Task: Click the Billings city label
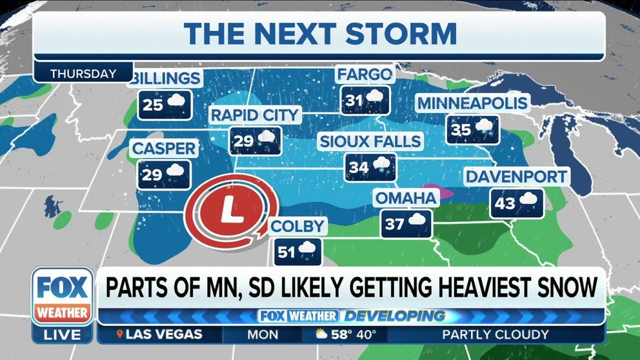pos(166,79)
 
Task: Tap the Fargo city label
pos(365,75)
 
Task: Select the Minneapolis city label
pos(472,103)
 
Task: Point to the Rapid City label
pos(255,115)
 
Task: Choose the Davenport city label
pos(516,176)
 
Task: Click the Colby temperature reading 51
pos(286,252)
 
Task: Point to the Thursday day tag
pos(83,74)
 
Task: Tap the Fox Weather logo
pos(63,295)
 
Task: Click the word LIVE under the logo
pos(63,335)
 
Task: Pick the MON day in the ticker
pos(263,335)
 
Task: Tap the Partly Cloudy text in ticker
pos(495,335)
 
